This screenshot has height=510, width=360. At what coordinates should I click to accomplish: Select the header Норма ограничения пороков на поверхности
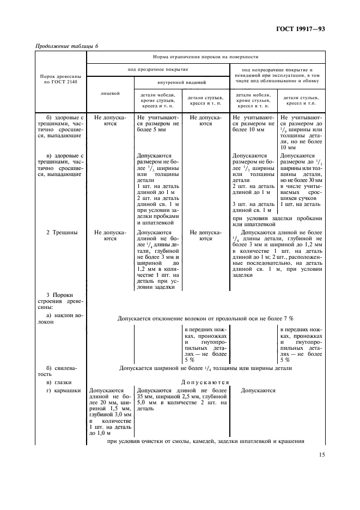[x=205, y=56]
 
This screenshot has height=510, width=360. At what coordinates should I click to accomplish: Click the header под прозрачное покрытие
[x=157, y=70]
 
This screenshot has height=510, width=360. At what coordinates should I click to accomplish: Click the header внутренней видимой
[x=181, y=82]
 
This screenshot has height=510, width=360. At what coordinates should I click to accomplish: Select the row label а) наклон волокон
[x=60, y=319]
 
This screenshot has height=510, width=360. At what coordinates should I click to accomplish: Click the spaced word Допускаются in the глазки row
[x=206, y=382]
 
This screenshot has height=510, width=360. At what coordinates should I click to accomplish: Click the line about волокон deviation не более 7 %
[x=206, y=318]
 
